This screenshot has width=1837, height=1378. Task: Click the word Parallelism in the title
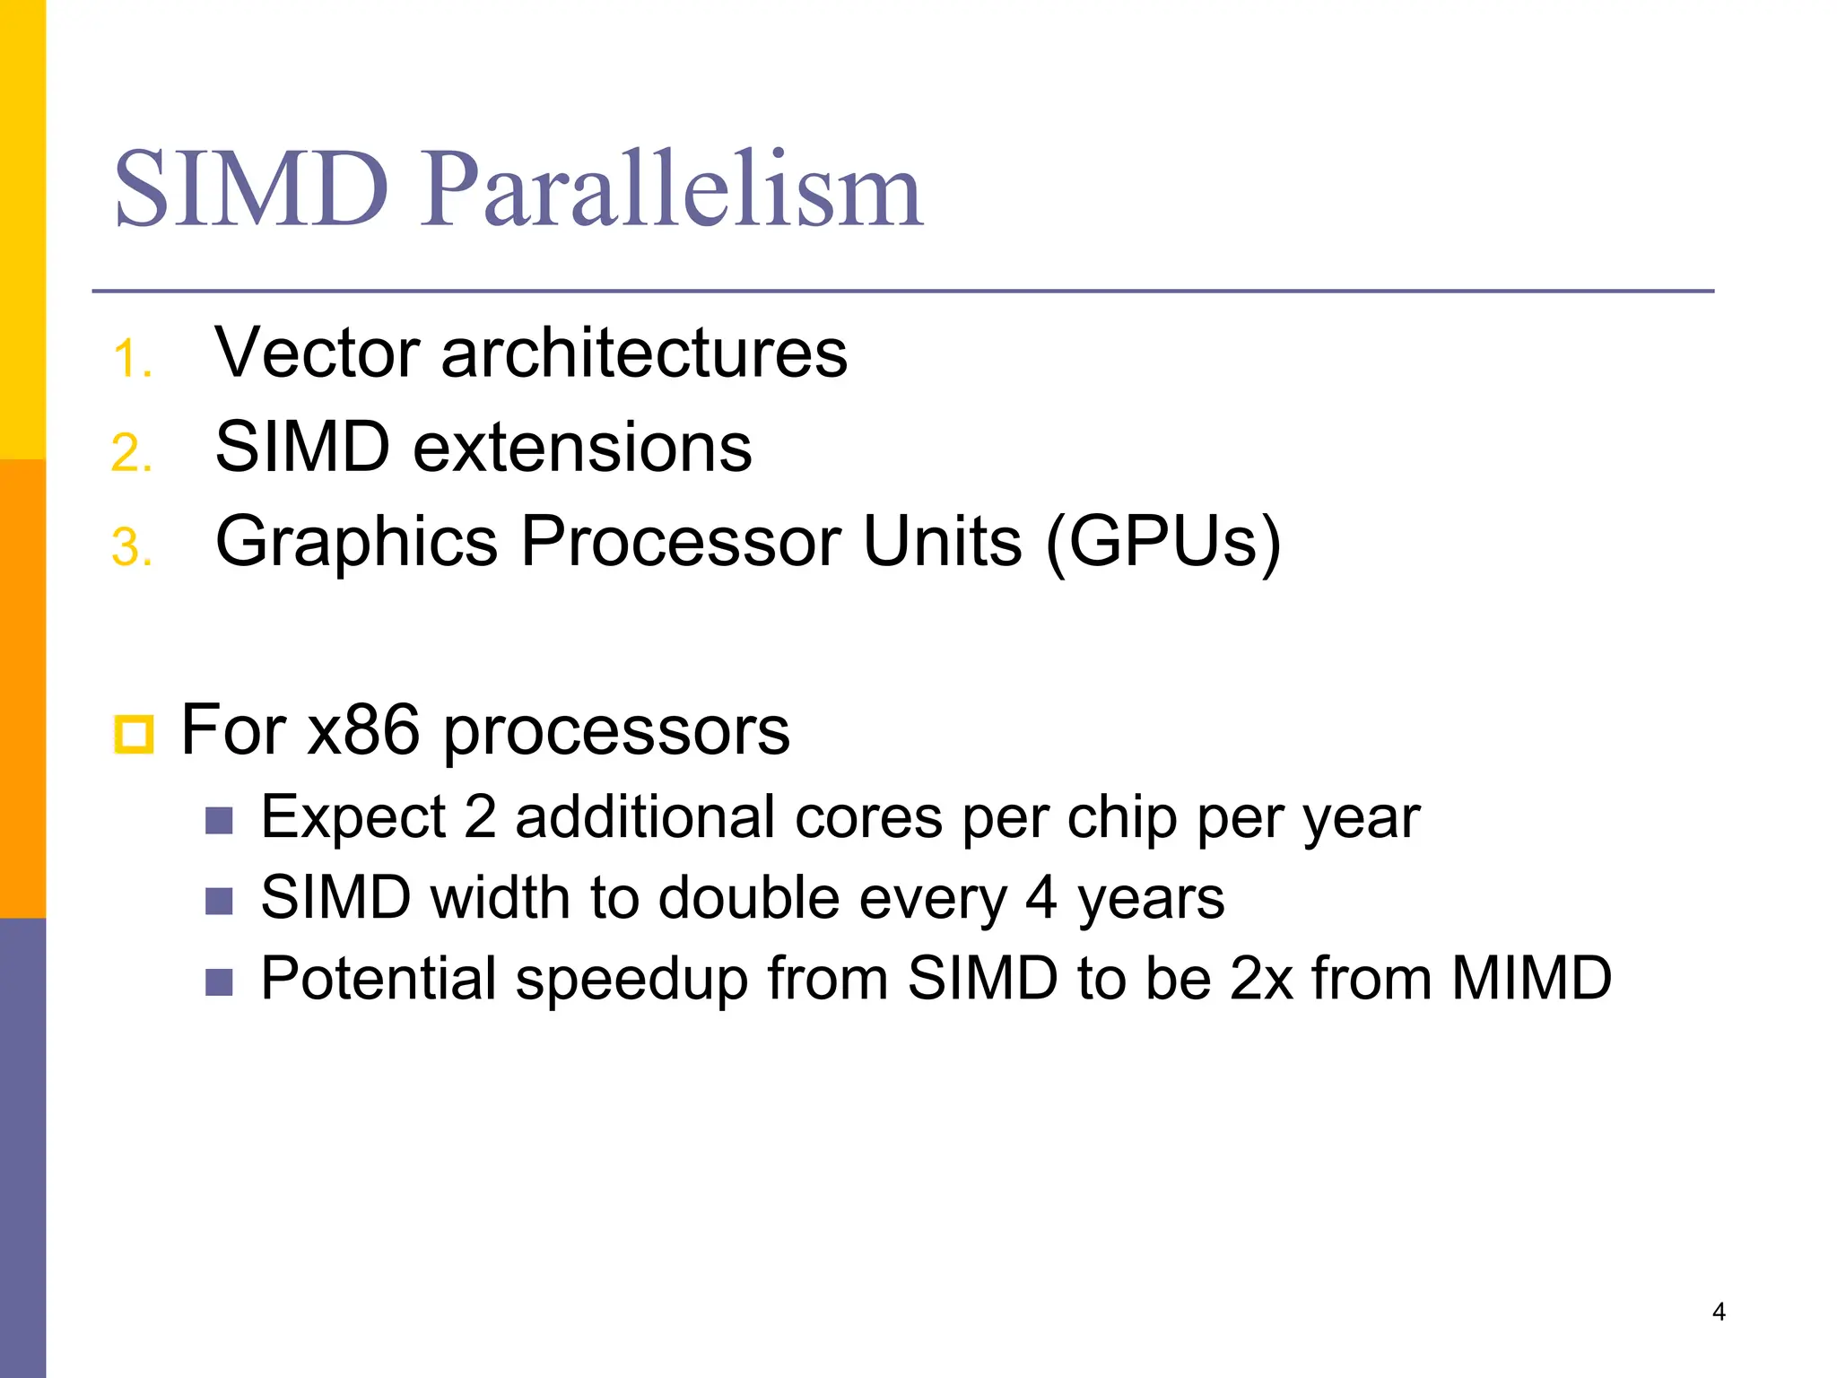click(x=673, y=190)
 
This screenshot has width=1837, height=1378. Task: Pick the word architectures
click(x=644, y=353)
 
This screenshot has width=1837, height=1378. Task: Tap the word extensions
click(x=582, y=447)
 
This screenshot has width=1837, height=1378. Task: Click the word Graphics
click(x=357, y=542)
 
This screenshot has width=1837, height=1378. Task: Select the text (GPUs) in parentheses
click(x=1163, y=542)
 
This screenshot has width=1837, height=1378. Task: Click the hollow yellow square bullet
click(x=135, y=734)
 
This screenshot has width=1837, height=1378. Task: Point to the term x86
click(x=363, y=729)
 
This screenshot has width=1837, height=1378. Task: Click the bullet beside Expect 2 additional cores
click(x=219, y=820)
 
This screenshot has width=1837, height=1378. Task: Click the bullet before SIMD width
click(x=219, y=900)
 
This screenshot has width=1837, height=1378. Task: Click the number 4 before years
click(x=1040, y=897)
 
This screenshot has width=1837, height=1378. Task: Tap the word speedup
click(x=631, y=979)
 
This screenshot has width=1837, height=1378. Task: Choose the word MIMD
click(x=1531, y=978)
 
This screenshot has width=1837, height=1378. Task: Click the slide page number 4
click(x=1719, y=1312)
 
